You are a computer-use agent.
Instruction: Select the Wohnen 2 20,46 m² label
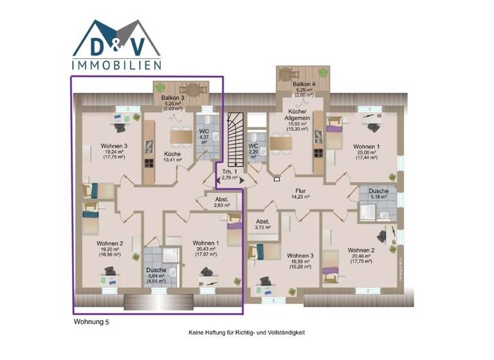click(360, 256)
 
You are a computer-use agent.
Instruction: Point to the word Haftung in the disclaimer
click(223, 332)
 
